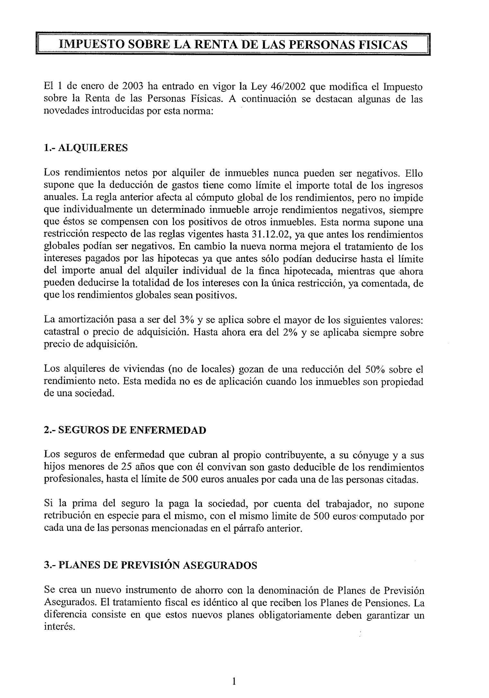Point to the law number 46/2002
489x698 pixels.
pos(280,87)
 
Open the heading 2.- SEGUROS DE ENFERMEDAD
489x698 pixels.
pos(124,430)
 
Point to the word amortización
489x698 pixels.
pos(83,320)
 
